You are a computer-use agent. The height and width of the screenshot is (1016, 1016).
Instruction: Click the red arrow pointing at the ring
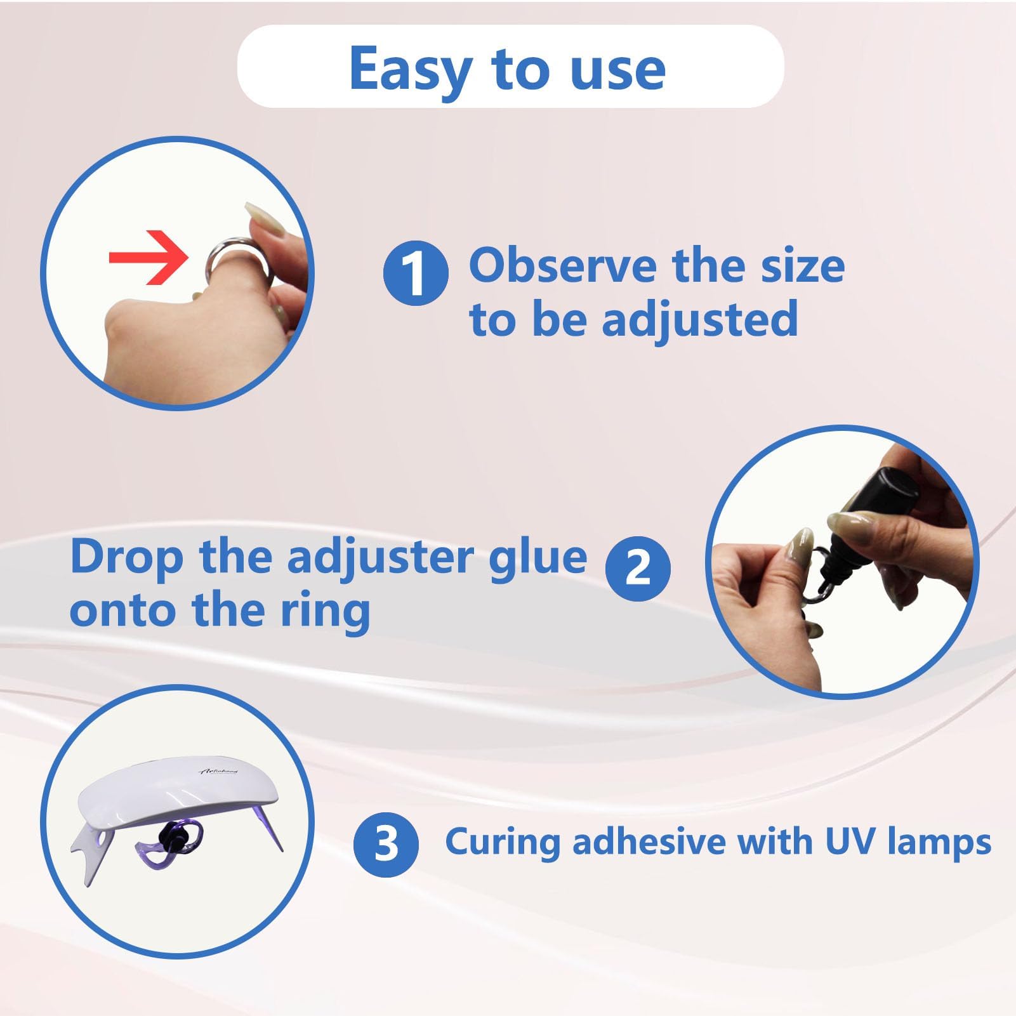[148, 258]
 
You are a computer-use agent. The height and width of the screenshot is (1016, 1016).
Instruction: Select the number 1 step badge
[416, 273]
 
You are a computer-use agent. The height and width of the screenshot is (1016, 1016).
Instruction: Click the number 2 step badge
[638, 568]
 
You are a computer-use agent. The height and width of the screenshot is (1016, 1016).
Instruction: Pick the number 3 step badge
[386, 845]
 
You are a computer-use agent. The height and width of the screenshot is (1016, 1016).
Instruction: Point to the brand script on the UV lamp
[219, 771]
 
